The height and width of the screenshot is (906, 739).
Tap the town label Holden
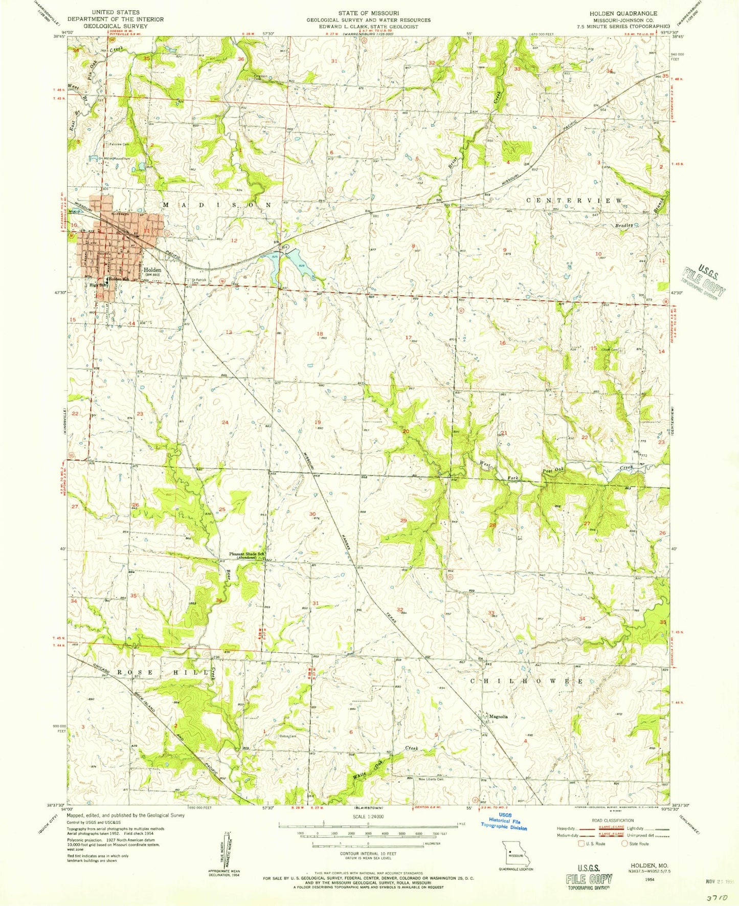[x=152, y=270]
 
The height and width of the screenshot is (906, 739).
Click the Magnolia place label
[x=498, y=717]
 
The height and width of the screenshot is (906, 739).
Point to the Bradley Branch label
[x=624, y=225]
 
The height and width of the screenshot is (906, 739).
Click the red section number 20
[x=406, y=431]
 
